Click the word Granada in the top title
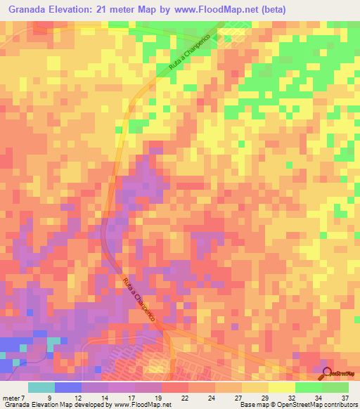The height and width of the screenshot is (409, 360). pyautogui.click(x=30, y=9)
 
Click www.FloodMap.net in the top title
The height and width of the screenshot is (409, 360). pyautogui.click(x=209, y=9)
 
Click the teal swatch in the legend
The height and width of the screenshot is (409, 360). pyautogui.click(x=41, y=387)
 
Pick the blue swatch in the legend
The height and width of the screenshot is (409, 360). pyautogui.click(x=68, y=387)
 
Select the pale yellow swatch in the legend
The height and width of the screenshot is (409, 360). pyautogui.click(x=282, y=387)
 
